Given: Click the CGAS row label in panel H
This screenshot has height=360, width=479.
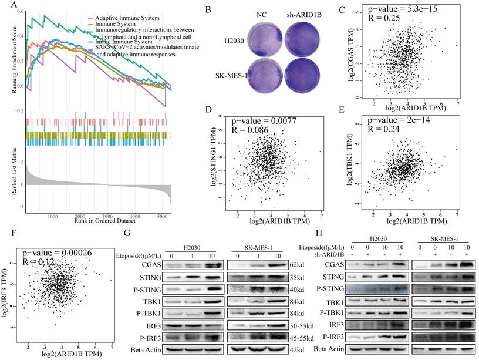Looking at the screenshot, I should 333,265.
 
